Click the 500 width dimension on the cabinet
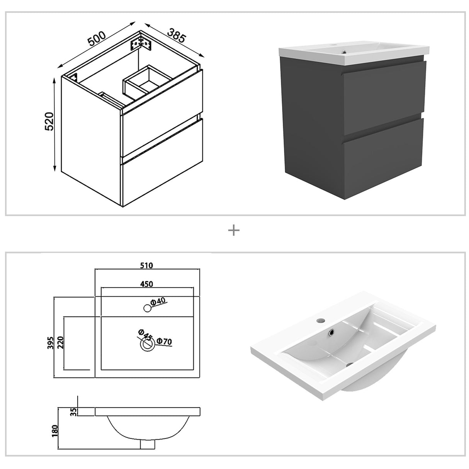[x=96, y=39]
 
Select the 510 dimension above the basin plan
[x=147, y=265]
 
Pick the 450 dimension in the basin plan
[x=147, y=284]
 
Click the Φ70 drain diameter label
[x=164, y=342]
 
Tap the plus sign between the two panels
[x=234, y=231]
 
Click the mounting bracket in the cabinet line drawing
[x=142, y=43]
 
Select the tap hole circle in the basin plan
[x=147, y=308]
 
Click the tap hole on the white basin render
[x=320, y=320]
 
